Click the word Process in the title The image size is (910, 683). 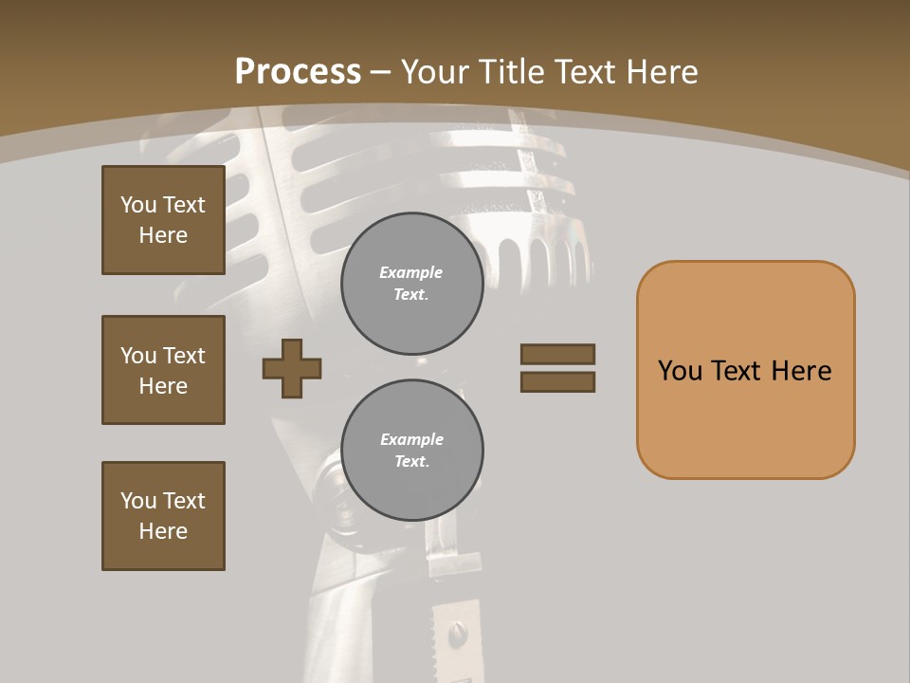point(298,72)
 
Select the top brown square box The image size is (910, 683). point(163,220)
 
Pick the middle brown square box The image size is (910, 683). point(163,370)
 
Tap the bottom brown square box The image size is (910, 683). point(163,516)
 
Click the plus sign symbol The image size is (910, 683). point(292,368)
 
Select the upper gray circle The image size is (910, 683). point(412,284)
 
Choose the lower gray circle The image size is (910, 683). point(412,451)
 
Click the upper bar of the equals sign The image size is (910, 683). point(557,354)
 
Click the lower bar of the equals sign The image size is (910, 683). point(557,382)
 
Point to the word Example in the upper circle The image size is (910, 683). point(411,272)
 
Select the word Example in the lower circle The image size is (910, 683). point(411,439)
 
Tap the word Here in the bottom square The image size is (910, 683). point(163,531)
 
